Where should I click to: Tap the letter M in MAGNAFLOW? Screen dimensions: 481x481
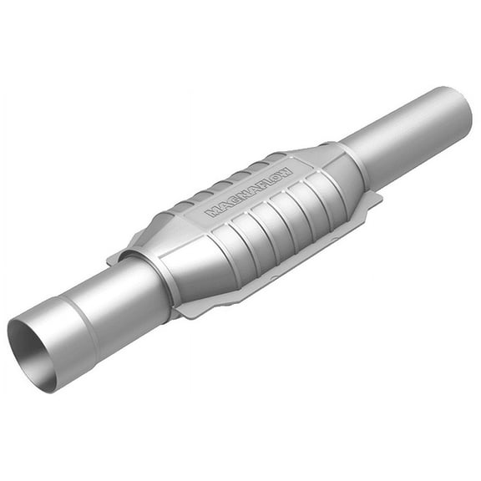[211, 212]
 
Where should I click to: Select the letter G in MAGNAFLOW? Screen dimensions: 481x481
[229, 202]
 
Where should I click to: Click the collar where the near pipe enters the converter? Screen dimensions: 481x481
[167, 280]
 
